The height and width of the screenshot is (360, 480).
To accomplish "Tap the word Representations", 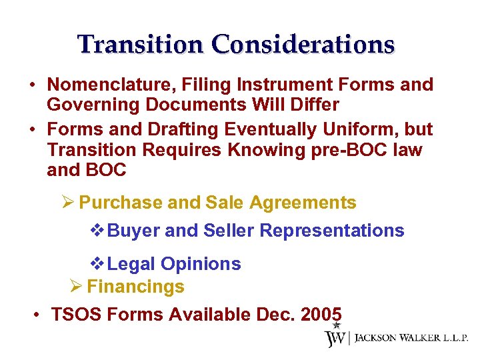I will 331,231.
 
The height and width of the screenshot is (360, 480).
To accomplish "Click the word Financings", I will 135,287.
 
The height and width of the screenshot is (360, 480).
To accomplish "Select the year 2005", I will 321,314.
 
